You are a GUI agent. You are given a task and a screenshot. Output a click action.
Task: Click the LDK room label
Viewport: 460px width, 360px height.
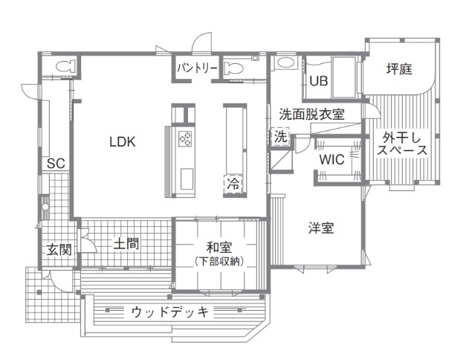click(123, 141)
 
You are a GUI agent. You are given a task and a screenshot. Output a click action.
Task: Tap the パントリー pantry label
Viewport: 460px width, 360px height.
click(197, 68)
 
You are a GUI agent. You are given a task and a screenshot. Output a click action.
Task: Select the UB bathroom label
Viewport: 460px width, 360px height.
click(319, 81)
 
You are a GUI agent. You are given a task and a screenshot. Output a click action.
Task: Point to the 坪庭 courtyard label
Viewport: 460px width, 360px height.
click(400, 69)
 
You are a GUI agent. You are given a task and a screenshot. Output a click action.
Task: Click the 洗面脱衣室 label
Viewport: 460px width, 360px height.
click(311, 115)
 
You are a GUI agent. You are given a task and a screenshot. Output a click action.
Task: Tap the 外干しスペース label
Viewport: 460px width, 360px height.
click(401, 144)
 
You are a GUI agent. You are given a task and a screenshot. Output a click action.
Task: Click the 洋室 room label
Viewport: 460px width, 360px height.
click(321, 228)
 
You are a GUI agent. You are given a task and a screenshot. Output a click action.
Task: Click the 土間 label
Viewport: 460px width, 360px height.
click(127, 244)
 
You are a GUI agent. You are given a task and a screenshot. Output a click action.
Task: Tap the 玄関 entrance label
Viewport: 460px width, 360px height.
click(59, 250)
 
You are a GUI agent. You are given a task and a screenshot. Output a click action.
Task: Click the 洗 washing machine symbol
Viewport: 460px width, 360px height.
click(280, 137)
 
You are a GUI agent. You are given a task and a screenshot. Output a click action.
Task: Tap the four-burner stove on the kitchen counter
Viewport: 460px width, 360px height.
click(184, 138)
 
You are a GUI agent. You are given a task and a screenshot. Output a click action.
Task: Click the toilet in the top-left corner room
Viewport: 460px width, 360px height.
click(62, 65)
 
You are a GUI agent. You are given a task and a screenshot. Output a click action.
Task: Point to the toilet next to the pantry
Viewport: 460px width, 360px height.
click(234, 68)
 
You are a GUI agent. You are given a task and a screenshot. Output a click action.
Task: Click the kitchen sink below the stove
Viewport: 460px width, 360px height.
click(184, 178)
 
